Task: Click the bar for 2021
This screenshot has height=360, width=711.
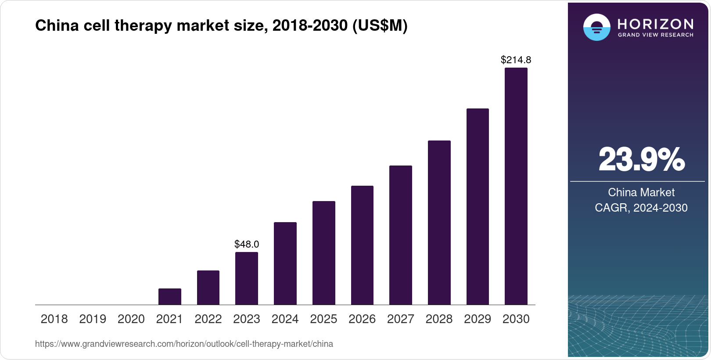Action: pyautogui.click(x=169, y=296)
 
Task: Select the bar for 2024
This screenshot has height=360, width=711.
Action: pyautogui.click(x=285, y=263)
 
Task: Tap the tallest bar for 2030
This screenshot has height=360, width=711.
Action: pyautogui.click(x=516, y=186)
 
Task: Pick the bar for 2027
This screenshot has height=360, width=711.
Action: pyautogui.click(x=400, y=235)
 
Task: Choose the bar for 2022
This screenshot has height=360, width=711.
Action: pyautogui.click(x=208, y=288)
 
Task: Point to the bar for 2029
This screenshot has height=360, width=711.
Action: pyautogui.click(x=478, y=206)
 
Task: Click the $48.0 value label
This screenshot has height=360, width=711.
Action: pyautogui.click(x=247, y=244)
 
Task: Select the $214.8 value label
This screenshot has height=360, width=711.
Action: pyautogui.click(x=516, y=60)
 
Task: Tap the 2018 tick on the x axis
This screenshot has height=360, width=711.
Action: pyautogui.click(x=54, y=319)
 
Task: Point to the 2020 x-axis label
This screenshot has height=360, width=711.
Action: pyautogui.click(x=131, y=319)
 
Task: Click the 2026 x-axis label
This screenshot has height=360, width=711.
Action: pyautogui.click(x=362, y=319)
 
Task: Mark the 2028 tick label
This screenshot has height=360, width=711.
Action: pyautogui.click(x=439, y=319)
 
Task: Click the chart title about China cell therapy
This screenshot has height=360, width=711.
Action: pyautogui.click(x=221, y=26)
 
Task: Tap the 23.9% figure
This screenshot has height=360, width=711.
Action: pyautogui.click(x=641, y=160)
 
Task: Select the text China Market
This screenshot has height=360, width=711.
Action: pyautogui.click(x=641, y=192)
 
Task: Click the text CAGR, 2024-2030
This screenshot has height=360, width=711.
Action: pyautogui.click(x=641, y=208)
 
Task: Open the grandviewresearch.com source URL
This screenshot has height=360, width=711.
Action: pyautogui.click(x=184, y=344)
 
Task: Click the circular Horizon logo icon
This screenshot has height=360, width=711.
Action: pyautogui.click(x=596, y=27)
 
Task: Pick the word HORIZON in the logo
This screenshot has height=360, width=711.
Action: pyautogui.click(x=655, y=24)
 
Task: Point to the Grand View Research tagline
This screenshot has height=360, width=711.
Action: pyautogui.click(x=655, y=35)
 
